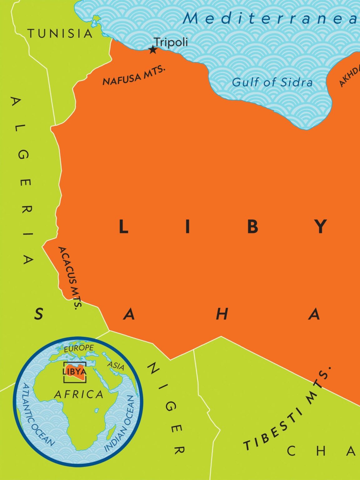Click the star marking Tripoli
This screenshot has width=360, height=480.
152,50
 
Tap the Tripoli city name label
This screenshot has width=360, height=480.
171,42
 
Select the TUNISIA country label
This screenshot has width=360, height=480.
60,33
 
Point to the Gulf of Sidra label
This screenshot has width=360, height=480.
272,82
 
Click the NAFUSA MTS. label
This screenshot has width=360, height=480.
134,76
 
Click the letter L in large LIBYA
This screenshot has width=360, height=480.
124,227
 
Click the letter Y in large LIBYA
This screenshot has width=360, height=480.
320,227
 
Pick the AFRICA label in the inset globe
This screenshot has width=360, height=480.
79,394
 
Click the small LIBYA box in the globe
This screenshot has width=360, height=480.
75,372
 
